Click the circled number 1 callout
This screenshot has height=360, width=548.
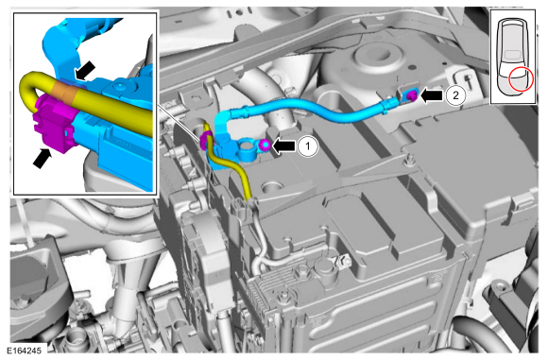tap(308, 146)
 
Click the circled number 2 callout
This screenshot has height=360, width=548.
tap(455, 95)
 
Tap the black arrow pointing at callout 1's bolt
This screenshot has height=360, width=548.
tap(283, 146)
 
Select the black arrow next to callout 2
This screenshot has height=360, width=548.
tap(432, 95)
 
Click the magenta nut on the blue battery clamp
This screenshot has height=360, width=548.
tap(265, 145)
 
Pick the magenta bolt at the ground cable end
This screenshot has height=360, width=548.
tap(412, 96)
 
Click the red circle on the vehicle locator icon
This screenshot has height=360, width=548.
tap(521, 79)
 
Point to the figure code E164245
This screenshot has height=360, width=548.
tap(24, 351)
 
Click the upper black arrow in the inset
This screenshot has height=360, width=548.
tap(85, 70)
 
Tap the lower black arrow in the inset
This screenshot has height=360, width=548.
tap(43, 159)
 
